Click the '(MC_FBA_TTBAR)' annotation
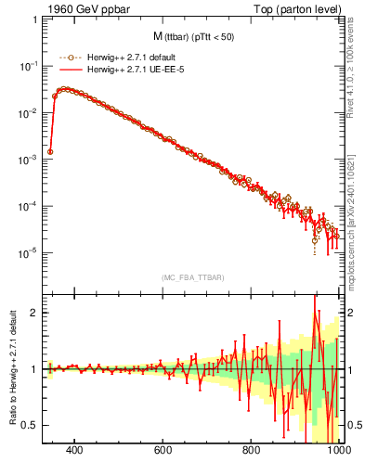(193, 277)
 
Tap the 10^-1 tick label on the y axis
(30, 67)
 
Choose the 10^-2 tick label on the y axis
(30, 113)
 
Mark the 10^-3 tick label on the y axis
(30, 160)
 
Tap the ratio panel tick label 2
(35, 313)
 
